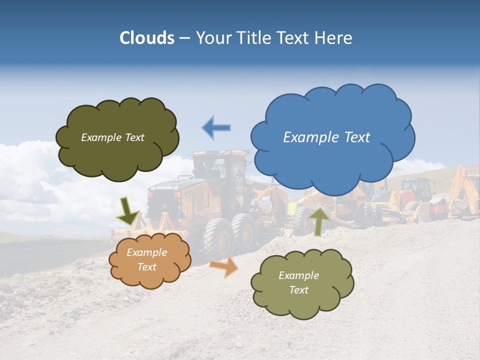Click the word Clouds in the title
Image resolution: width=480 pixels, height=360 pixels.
click(x=147, y=38)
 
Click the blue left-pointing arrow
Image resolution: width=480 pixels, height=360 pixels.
click(x=216, y=127)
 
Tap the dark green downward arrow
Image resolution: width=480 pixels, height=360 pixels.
click(x=127, y=210)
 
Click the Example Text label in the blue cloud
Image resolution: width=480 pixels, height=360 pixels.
click(x=326, y=137)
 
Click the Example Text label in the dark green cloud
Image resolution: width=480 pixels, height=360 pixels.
click(x=112, y=137)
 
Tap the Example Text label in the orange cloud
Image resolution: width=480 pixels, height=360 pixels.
click(x=147, y=260)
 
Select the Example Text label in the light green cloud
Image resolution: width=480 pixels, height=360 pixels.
click(x=298, y=282)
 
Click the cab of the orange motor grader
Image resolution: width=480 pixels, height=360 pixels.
click(x=220, y=170)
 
